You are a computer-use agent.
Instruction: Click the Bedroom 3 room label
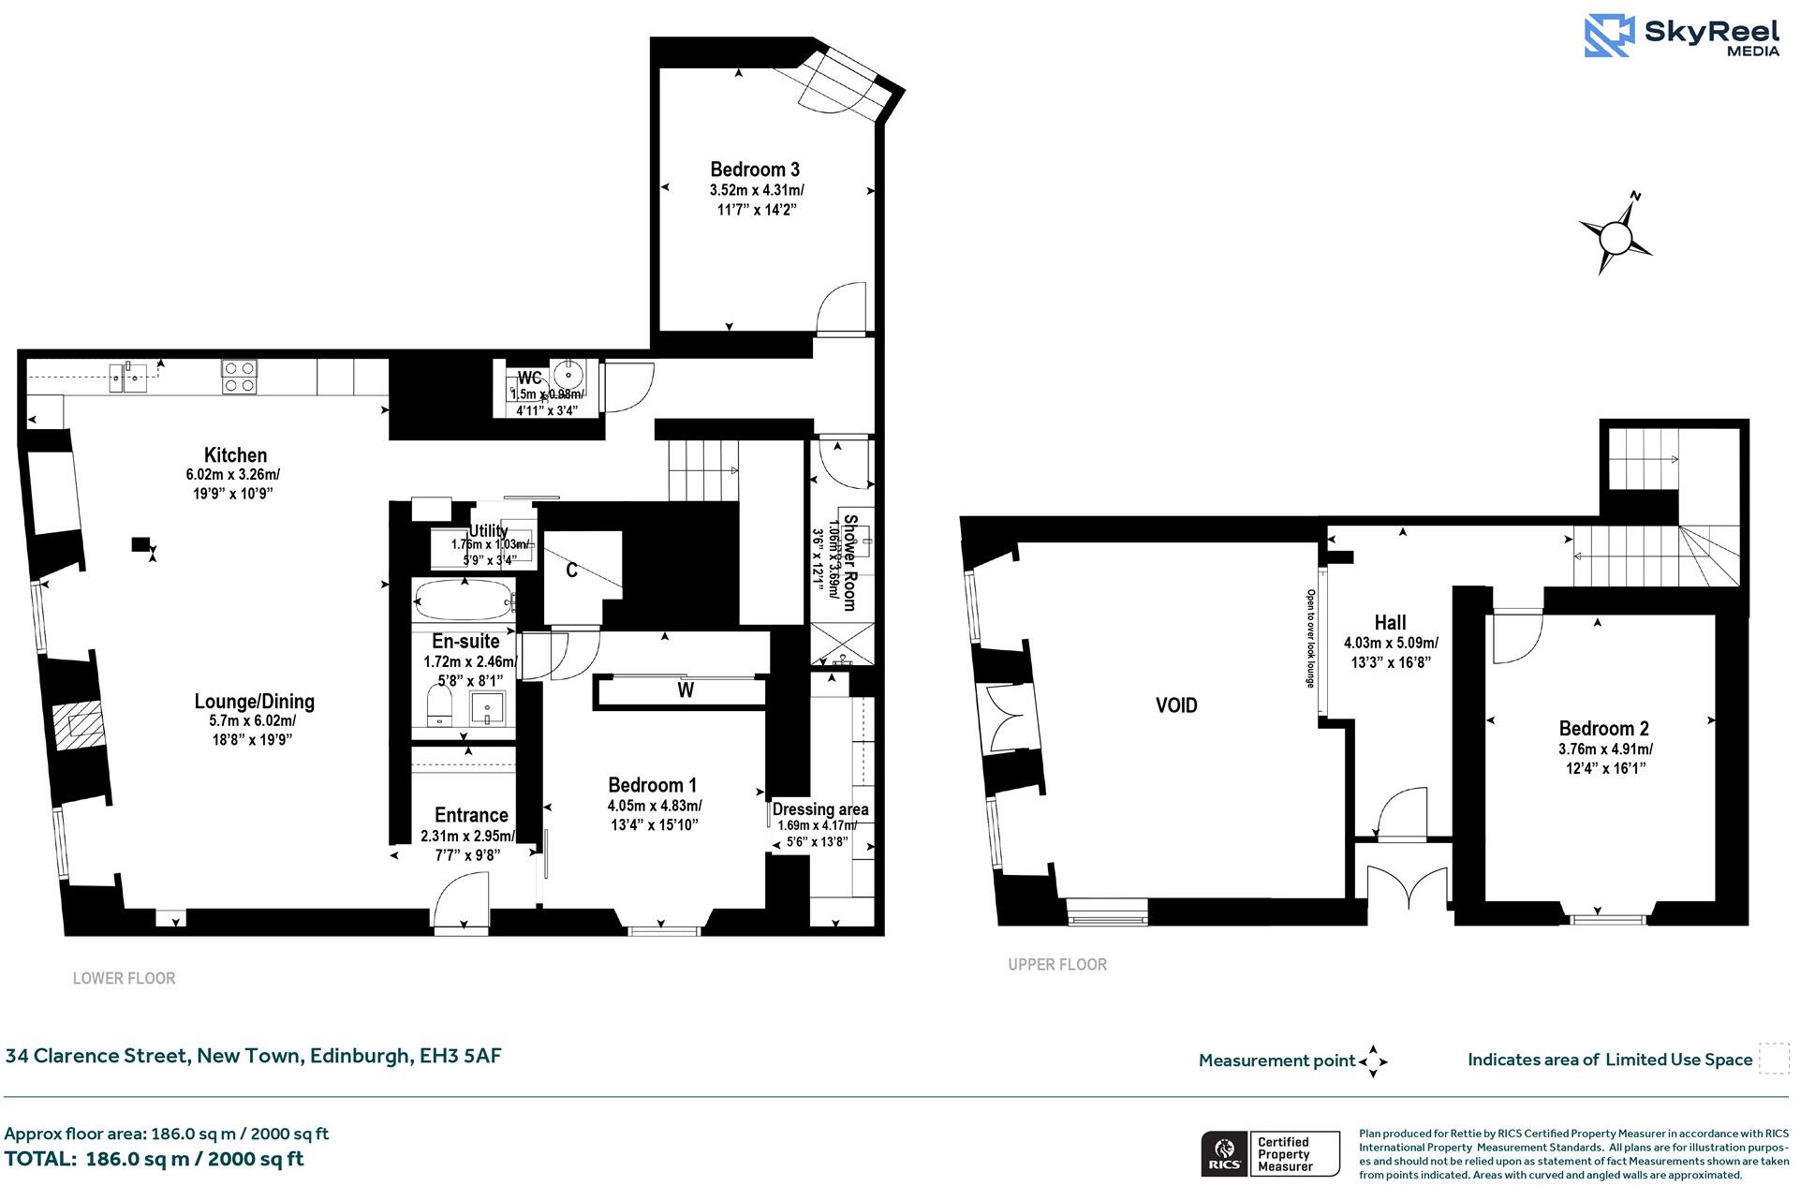pyautogui.click(x=755, y=170)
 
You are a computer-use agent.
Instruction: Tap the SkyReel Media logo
pyautogui.click(x=1682, y=37)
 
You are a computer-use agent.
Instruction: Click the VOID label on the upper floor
pyautogui.click(x=1176, y=705)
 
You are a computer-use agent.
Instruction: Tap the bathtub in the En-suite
pyautogui.click(x=464, y=599)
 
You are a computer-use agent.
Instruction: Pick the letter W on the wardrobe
pyautogui.click(x=686, y=690)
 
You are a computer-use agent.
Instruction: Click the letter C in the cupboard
pyautogui.click(x=571, y=570)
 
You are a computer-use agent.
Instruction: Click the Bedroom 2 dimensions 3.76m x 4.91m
pyautogui.click(x=1605, y=749)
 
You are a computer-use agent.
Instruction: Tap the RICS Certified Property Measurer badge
pyautogui.click(x=1270, y=1153)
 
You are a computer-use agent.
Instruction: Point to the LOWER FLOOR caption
pyautogui.click(x=124, y=978)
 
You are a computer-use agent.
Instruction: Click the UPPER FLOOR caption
pyautogui.click(x=1057, y=964)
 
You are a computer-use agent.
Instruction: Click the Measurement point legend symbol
pyautogui.click(x=1373, y=1061)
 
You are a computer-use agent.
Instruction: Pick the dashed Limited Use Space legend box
pyautogui.click(x=1773, y=1059)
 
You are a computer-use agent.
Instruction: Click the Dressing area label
pyautogui.click(x=820, y=808)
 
